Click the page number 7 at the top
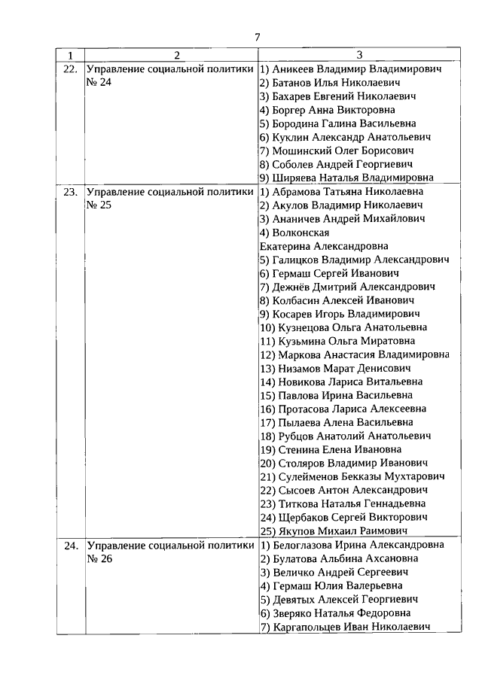257,36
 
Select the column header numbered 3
359,54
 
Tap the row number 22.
70,68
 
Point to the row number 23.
70,191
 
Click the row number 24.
70,545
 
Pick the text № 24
99,82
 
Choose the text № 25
99,205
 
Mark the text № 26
99,558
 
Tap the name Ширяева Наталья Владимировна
346,178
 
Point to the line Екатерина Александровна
324,246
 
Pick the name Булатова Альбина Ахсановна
341,558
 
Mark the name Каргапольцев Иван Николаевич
345,626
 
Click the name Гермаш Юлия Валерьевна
332,585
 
